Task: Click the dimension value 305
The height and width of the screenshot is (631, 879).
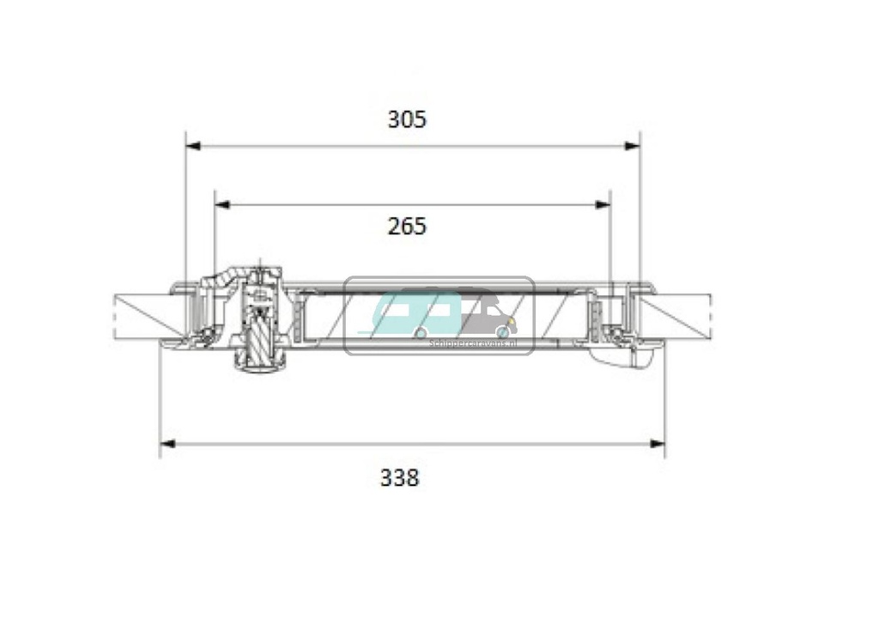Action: (x=406, y=119)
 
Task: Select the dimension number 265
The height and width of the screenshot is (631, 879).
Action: (x=406, y=227)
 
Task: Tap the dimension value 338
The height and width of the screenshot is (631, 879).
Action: (x=399, y=477)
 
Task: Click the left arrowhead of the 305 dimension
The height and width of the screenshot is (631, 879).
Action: (x=193, y=146)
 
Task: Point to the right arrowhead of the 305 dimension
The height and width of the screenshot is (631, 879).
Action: (x=633, y=146)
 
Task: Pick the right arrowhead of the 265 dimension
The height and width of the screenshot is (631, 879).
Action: (x=603, y=204)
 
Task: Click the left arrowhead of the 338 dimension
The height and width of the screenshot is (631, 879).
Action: (x=167, y=444)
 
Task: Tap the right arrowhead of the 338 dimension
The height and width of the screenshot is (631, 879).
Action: (x=658, y=444)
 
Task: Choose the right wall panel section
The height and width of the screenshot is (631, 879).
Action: (x=678, y=316)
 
